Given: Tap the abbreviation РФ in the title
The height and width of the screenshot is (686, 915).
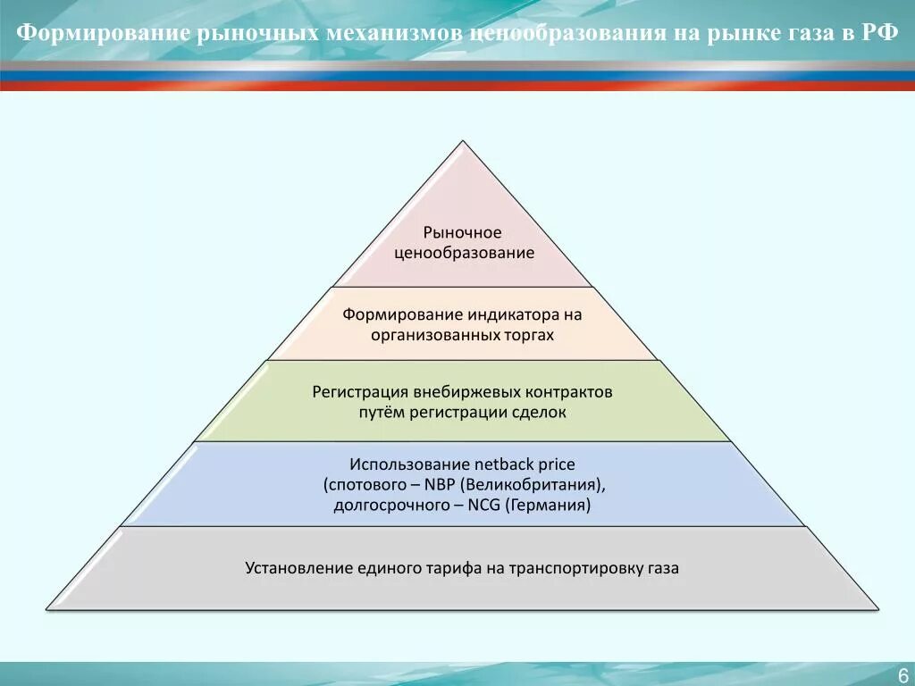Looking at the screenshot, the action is click(x=879, y=34).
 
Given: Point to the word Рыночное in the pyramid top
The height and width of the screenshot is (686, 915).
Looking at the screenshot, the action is click(x=462, y=233).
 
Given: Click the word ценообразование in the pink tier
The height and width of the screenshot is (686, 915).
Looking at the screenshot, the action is click(x=464, y=253).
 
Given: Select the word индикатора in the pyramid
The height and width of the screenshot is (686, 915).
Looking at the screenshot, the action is click(x=514, y=315).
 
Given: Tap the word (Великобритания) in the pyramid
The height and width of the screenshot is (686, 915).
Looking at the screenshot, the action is click(x=534, y=485).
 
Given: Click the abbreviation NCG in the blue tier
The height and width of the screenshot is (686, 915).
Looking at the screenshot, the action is click(x=484, y=505).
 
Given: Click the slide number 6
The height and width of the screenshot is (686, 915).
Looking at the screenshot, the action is click(x=902, y=674).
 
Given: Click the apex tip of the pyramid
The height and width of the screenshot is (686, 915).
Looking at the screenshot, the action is click(x=463, y=142).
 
